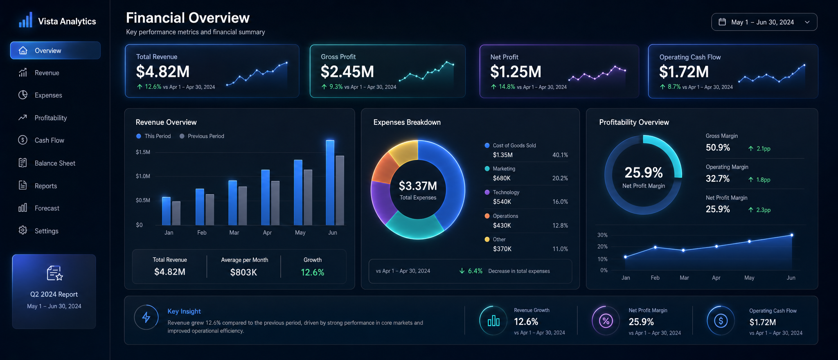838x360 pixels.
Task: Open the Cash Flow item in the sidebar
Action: click(41, 140)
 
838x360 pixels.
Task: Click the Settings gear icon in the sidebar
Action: click(23, 230)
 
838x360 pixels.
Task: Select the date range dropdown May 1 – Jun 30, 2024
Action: click(764, 22)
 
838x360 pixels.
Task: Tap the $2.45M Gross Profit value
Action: click(347, 72)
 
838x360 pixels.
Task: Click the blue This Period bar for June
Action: click(330, 182)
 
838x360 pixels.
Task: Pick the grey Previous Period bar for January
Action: click(176, 213)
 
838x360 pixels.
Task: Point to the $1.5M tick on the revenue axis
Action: click(143, 152)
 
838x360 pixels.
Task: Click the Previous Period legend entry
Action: click(202, 136)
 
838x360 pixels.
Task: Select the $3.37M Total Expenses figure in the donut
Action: click(418, 186)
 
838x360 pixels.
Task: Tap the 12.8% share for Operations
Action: click(560, 225)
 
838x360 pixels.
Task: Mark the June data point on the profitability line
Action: click(792, 235)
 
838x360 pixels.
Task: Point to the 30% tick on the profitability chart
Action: click(602, 235)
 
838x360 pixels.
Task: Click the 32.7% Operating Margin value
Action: click(718, 179)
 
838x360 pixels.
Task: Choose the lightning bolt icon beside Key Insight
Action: click(146, 317)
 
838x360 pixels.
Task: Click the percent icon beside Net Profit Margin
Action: click(606, 321)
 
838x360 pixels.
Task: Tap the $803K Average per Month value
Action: click(243, 272)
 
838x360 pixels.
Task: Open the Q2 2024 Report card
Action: click(54, 291)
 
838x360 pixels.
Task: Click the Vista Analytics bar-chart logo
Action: click(25, 20)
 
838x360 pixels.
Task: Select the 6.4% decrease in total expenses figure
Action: click(475, 271)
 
